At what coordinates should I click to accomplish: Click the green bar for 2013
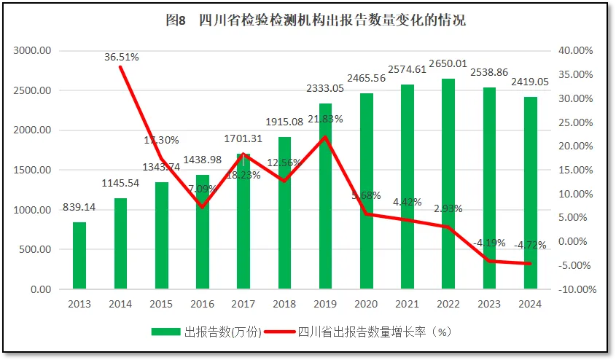79,255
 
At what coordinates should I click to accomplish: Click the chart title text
316,20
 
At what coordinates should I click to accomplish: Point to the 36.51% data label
122,56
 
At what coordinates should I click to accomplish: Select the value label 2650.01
448,63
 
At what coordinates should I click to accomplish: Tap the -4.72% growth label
530,245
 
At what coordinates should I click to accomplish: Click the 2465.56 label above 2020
366,78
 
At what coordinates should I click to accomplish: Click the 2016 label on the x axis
202,304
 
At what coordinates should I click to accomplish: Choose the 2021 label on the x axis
408,304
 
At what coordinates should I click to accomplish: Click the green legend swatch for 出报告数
165,332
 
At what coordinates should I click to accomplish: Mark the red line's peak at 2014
120,67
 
